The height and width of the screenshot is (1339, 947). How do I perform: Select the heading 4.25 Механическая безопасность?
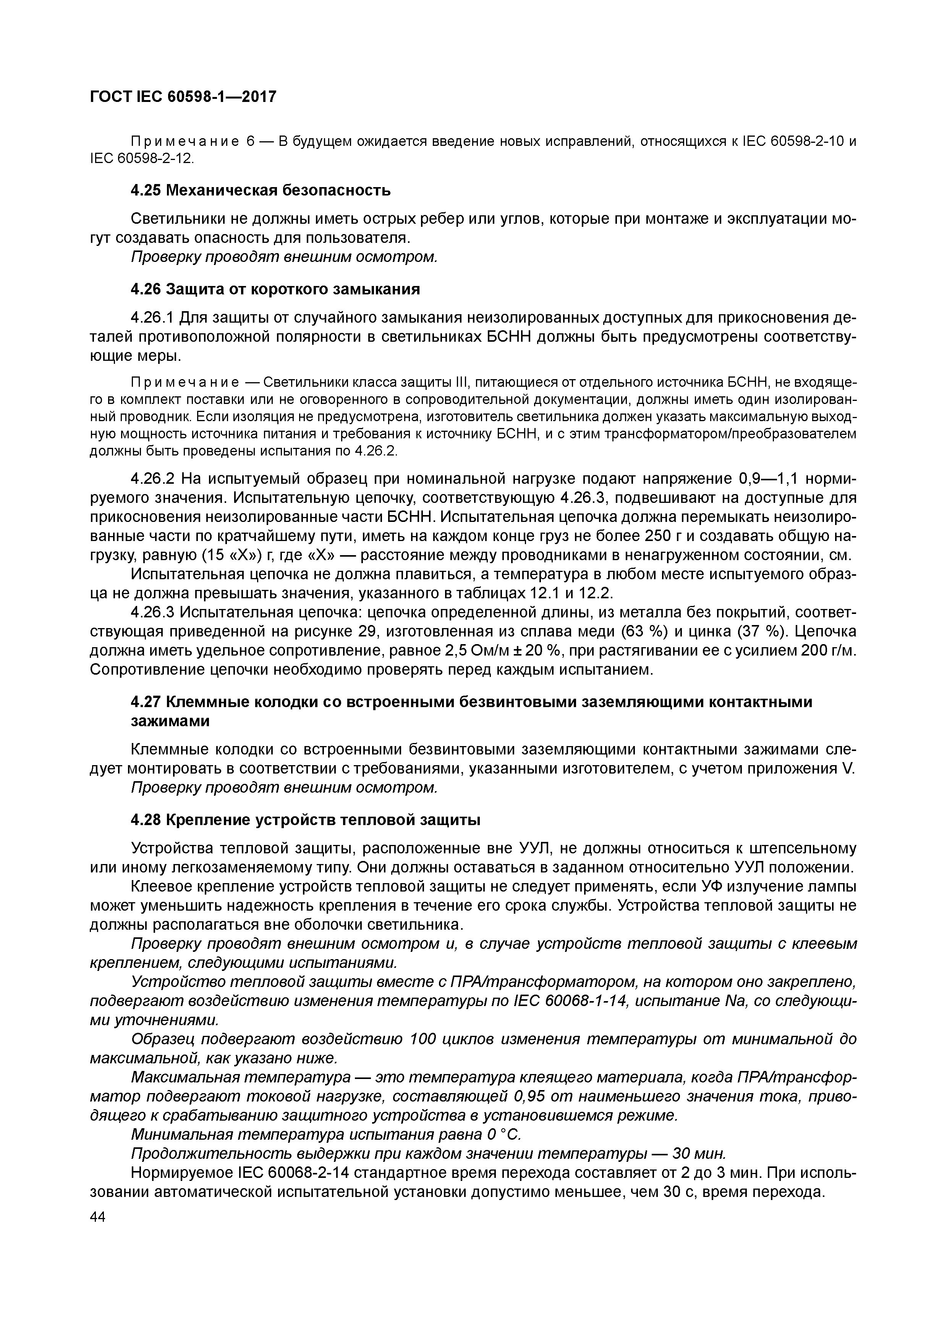(x=260, y=191)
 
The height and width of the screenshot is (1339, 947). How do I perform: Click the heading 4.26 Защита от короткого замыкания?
(x=275, y=289)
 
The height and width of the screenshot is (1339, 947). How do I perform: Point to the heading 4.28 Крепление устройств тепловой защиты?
(x=306, y=820)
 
